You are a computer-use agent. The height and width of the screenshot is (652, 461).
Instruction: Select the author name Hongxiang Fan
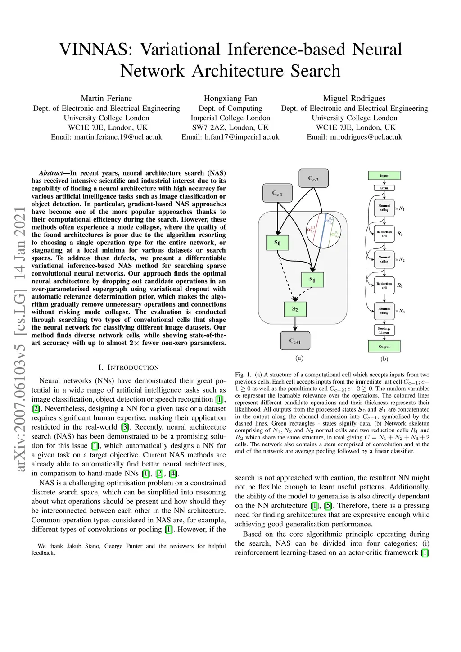230,98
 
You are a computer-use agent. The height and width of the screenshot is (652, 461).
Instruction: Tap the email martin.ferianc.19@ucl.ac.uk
118,137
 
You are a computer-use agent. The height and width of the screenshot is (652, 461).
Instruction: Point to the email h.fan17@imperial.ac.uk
242,137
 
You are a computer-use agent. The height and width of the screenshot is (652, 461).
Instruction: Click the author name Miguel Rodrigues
354,98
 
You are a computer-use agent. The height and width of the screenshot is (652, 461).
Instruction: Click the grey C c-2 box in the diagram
313,178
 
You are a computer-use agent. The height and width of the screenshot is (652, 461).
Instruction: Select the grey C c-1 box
277,193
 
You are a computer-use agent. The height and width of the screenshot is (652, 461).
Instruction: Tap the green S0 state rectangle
277,243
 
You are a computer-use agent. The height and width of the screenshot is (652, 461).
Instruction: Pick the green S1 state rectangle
312,280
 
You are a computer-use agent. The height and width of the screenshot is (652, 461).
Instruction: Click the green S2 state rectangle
295,309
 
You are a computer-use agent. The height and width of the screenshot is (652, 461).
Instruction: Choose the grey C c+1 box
295,341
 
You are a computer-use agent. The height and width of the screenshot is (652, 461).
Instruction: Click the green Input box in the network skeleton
384,176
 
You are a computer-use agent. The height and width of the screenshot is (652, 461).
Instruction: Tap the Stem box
384,188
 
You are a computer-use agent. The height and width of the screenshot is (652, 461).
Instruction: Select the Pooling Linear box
384,331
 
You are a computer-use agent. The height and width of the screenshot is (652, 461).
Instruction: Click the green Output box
384,346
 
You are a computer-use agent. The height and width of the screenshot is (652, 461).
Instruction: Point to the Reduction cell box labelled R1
384,234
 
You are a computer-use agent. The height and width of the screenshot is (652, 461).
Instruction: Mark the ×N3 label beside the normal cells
400,311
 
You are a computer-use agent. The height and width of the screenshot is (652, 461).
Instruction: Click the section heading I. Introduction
129,367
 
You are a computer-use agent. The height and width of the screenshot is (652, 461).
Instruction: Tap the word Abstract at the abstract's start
51,173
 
